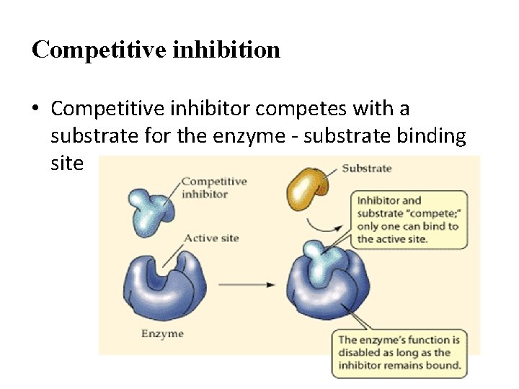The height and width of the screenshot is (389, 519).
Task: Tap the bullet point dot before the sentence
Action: pos(36,109)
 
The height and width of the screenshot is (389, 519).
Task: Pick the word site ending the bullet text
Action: pos(68,164)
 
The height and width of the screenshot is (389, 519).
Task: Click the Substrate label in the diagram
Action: pos(366,169)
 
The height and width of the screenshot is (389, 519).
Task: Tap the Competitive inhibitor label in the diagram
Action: pos(214,187)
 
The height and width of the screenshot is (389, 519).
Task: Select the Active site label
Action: pos(211,238)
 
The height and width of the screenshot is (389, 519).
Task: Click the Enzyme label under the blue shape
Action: pos(162,334)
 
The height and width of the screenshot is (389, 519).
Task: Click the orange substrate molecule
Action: pos(308,187)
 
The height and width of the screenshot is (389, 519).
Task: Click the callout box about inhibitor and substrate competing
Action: pos(408,219)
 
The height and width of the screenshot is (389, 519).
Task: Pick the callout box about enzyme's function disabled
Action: pos(399,353)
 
